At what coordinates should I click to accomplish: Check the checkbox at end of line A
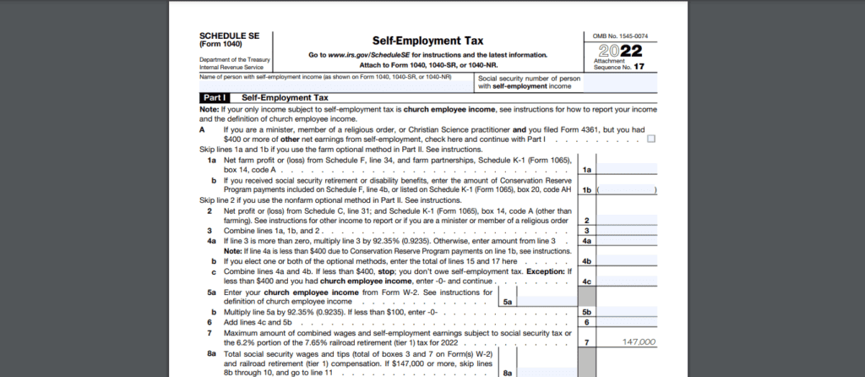pos(651,139)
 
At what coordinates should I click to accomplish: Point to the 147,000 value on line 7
pos(637,342)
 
